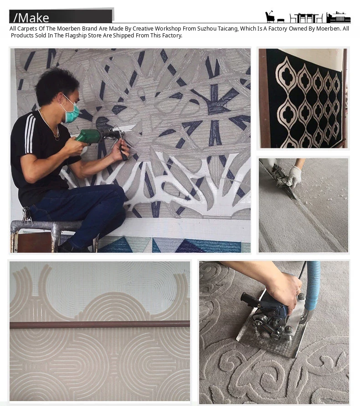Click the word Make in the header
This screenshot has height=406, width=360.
[x=34, y=18]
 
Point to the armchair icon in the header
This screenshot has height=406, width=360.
[x=270, y=17]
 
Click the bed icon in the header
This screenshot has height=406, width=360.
[x=338, y=17]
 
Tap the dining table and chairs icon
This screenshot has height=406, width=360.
[x=306, y=18]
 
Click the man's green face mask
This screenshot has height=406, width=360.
[x=71, y=112]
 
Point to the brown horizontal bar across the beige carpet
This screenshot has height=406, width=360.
[x=100, y=324]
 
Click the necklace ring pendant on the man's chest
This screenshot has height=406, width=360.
[x=57, y=138]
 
